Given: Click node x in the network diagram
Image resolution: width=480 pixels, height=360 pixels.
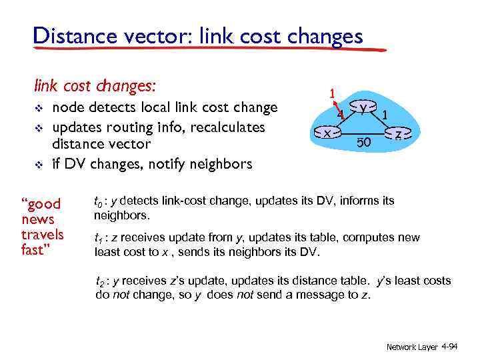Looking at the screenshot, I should (x=327, y=133).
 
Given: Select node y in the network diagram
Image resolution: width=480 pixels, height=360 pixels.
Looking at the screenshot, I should (x=362, y=108).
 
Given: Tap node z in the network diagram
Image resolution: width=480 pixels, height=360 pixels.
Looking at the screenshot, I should (x=398, y=135).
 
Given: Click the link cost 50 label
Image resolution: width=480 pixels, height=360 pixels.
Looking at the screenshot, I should (x=363, y=142).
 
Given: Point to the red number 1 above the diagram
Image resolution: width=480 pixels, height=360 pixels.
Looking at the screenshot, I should (x=331, y=94).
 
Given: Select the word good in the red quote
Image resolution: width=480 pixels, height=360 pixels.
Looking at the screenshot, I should (x=43, y=204).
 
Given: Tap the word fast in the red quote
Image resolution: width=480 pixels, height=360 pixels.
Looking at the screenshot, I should (x=35, y=250).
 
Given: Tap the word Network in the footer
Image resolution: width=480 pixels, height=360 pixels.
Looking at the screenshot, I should (x=402, y=347).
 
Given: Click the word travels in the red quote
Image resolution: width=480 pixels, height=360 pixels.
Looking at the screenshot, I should (x=43, y=235).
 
